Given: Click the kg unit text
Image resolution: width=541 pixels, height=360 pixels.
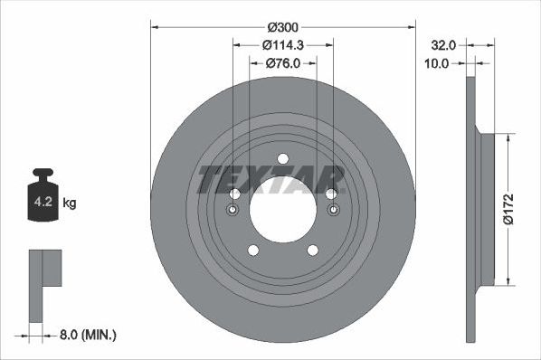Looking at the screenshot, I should pos(71,203).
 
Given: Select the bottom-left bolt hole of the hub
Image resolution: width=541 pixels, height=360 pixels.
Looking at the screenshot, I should pos(252,251).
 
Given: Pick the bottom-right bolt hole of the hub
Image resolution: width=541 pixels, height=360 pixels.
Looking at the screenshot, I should pos(313,251).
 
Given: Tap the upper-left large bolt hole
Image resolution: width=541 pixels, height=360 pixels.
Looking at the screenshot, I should pos(234,194).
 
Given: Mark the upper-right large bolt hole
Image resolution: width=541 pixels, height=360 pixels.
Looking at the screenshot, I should pos(331,194).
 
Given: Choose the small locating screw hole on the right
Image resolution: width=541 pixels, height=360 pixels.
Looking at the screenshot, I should pos(334,211).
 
